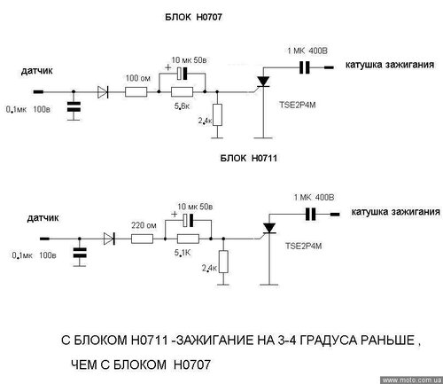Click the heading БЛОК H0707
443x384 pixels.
193,17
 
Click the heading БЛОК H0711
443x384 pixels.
249,158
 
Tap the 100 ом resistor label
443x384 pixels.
138,78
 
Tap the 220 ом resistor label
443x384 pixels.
144,225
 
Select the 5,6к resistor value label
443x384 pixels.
182,106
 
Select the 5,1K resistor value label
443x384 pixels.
183,253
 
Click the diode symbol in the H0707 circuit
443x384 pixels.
103,92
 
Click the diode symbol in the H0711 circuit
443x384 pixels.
109,239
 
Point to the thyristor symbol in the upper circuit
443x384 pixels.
263,82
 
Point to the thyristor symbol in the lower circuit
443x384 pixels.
269,229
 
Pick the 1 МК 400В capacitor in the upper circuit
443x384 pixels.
304,67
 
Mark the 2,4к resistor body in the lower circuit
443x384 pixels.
223,262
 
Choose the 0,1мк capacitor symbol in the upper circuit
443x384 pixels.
74,106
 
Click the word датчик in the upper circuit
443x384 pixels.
37,71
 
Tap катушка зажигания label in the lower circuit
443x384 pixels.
396,212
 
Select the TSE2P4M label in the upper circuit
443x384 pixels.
298,105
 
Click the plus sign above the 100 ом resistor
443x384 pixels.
167,67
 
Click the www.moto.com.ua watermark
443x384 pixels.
412,380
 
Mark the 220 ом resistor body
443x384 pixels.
142,239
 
